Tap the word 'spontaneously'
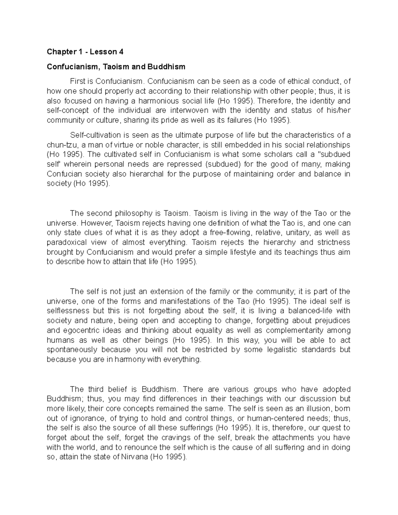tap(72, 350)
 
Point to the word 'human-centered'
tap(271, 418)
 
